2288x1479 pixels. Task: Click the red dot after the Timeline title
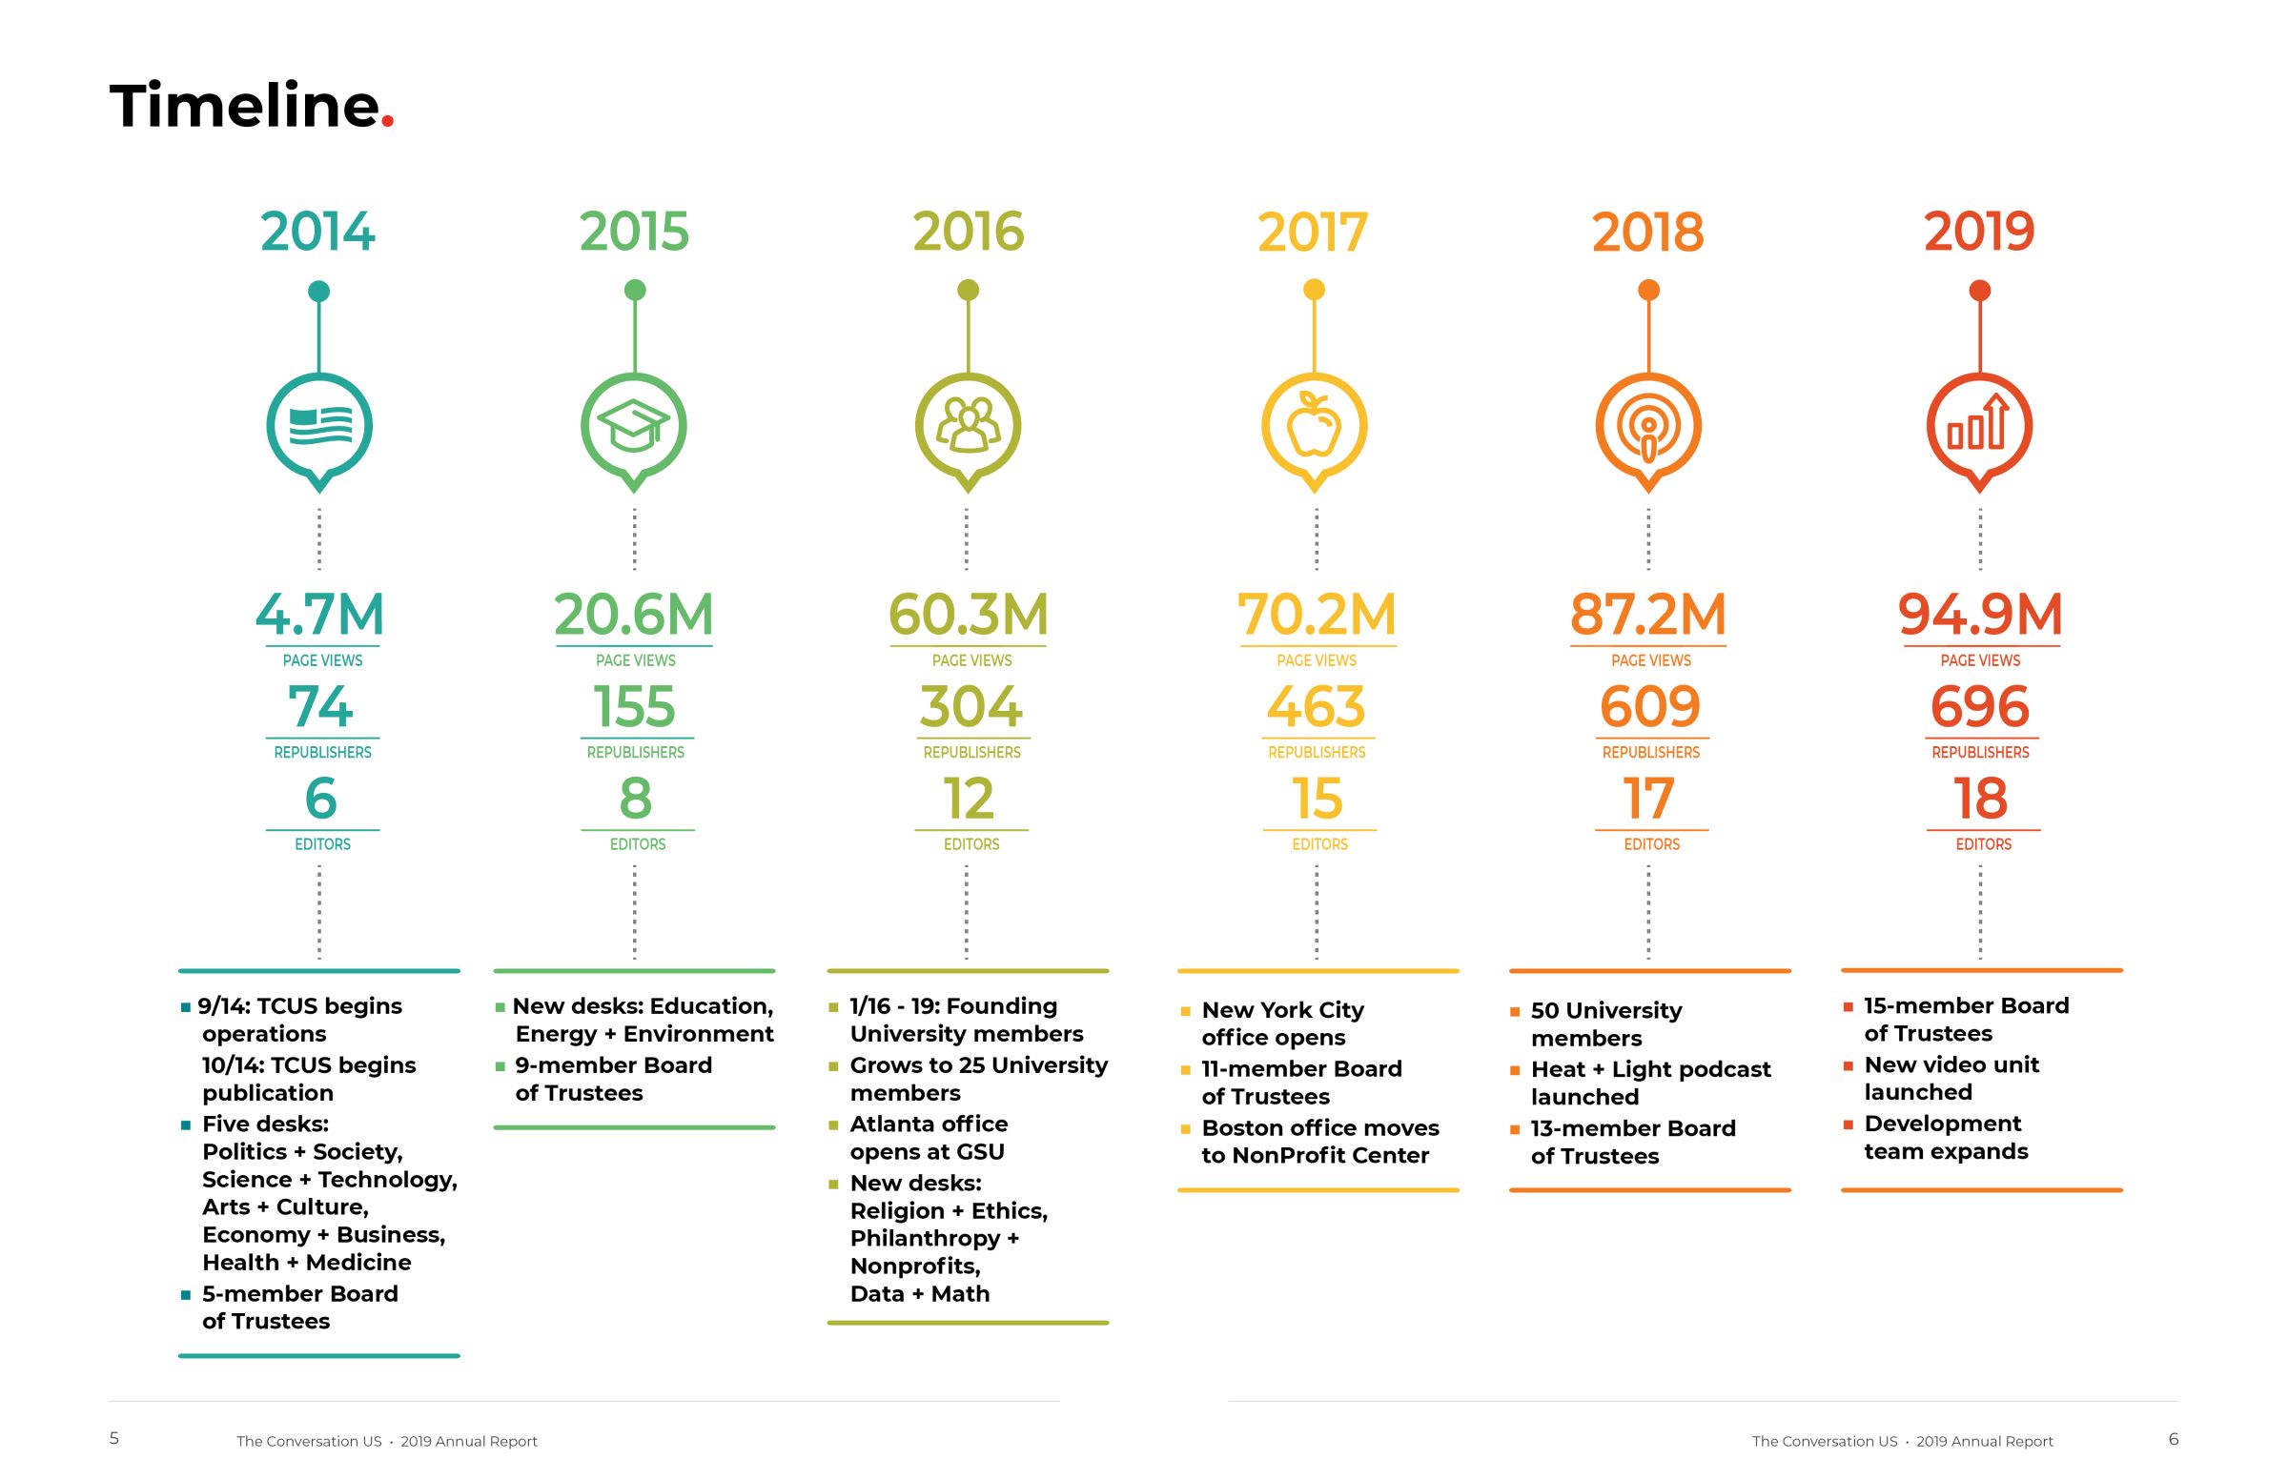click(x=387, y=120)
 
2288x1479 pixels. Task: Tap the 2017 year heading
click(x=1312, y=233)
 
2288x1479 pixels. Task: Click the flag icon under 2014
click(x=320, y=425)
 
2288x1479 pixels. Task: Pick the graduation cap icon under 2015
click(x=634, y=425)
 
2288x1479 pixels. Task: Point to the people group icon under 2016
click(x=968, y=425)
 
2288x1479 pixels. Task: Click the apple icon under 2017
click(x=1314, y=424)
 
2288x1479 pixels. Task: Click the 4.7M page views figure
click(x=320, y=615)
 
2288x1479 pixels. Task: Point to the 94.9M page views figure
click(x=1981, y=615)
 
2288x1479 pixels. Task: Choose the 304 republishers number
click(x=970, y=707)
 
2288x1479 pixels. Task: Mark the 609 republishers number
click(x=1649, y=707)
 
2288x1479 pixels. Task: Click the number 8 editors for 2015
click(x=636, y=798)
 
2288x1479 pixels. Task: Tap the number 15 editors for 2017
click(x=1317, y=798)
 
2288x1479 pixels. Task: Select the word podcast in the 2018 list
click(x=1717, y=1070)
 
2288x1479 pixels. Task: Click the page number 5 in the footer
click(x=114, y=1438)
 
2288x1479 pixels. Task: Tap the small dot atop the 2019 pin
click(x=1979, y=290)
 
